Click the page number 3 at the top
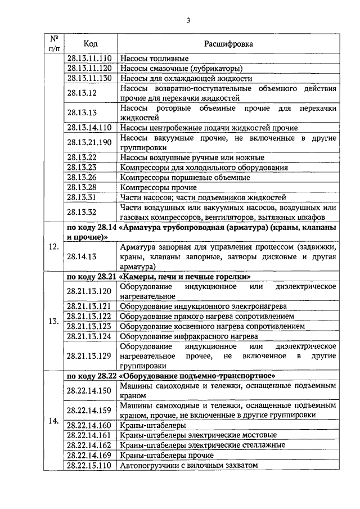pos(189,21)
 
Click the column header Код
pos(90,43)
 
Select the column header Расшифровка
pos(228,43)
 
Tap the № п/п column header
pos(54,43)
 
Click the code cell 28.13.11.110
pos(89,58)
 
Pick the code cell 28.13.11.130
pos(89,78)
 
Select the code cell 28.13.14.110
pos(89,128)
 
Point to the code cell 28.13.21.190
pos(89,142)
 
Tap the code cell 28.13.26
pos(82,177)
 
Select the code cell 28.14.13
pos(82,256)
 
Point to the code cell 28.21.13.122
pos(89,316)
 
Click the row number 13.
pos(54,322)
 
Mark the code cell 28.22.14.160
pos(89,425)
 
